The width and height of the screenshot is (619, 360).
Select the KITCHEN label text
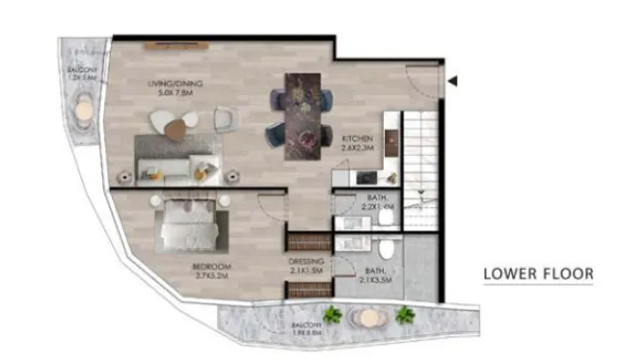click(357, 142)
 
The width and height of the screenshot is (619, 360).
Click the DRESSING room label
click(306, 266)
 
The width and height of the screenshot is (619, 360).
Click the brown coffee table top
click(178, 127)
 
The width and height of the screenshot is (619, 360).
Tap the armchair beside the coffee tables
click(223, 120)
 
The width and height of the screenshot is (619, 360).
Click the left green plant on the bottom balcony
click(332, 315)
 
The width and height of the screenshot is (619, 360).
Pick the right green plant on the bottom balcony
click(404, 315)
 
